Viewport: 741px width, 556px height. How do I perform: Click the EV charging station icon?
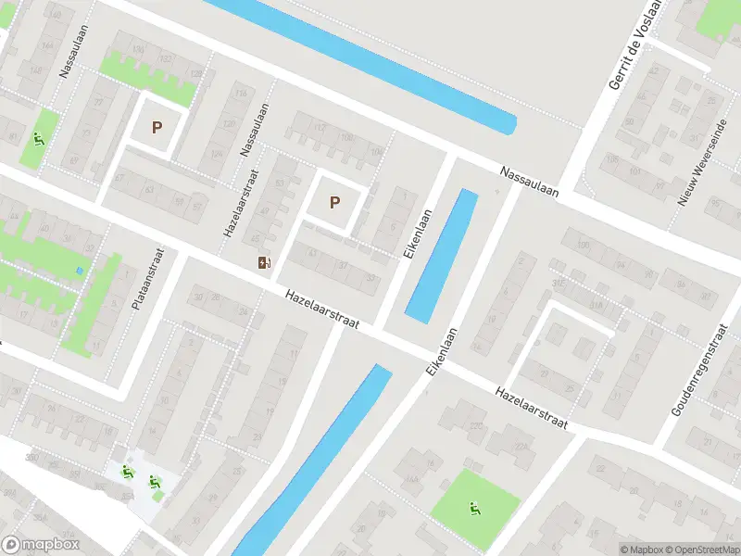click(265, 262)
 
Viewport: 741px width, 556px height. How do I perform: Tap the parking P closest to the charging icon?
click(334, 202)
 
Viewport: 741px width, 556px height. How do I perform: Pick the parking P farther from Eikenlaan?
click(157, 128)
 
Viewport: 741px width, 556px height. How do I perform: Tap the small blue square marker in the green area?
click(80, 271)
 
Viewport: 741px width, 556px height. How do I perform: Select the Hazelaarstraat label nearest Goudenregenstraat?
click(531, 408)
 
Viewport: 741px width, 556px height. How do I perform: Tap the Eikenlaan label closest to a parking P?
click(418, 234)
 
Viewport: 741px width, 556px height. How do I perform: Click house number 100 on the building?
click(347, 138)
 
